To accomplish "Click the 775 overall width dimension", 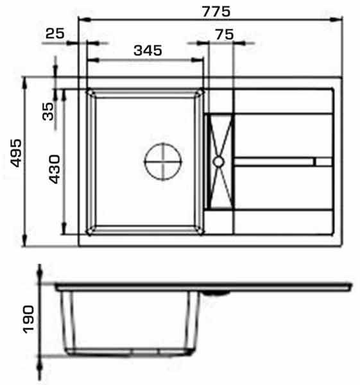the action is [216, 12].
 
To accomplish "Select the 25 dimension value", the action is [55, 33].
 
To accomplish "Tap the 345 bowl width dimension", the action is [148, 50].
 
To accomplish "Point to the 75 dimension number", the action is [225, 35].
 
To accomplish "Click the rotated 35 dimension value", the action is [48, 111].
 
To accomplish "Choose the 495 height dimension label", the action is [16, 153].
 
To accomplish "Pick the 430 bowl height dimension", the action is [55, 169].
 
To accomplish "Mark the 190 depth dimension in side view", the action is [28, 319].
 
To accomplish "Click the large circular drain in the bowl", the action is [163, 162].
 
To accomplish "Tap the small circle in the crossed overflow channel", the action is [218, 162].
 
